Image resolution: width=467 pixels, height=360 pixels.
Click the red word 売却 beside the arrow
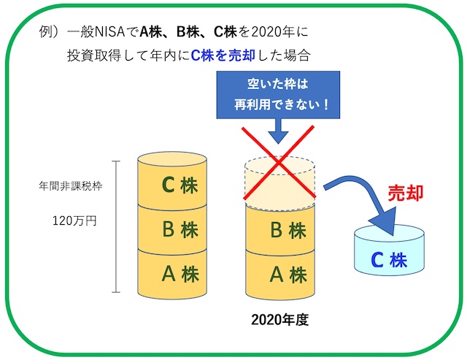pos(405,193)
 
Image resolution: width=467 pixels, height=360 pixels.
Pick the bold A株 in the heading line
pos(155,32)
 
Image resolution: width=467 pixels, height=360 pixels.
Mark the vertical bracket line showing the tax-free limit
pos(115,226)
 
